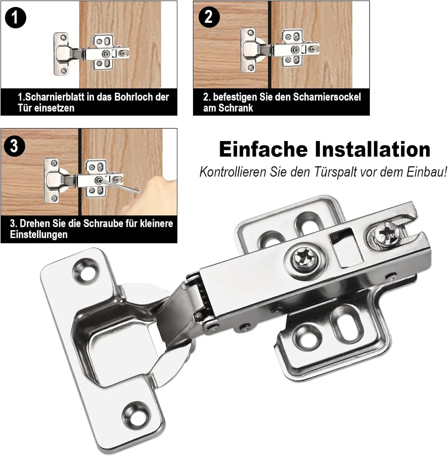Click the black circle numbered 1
tap(15, 18)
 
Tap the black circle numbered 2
tap(209, 17)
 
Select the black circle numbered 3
tap(14, 146)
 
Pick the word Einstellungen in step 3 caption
tap(39, 234)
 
